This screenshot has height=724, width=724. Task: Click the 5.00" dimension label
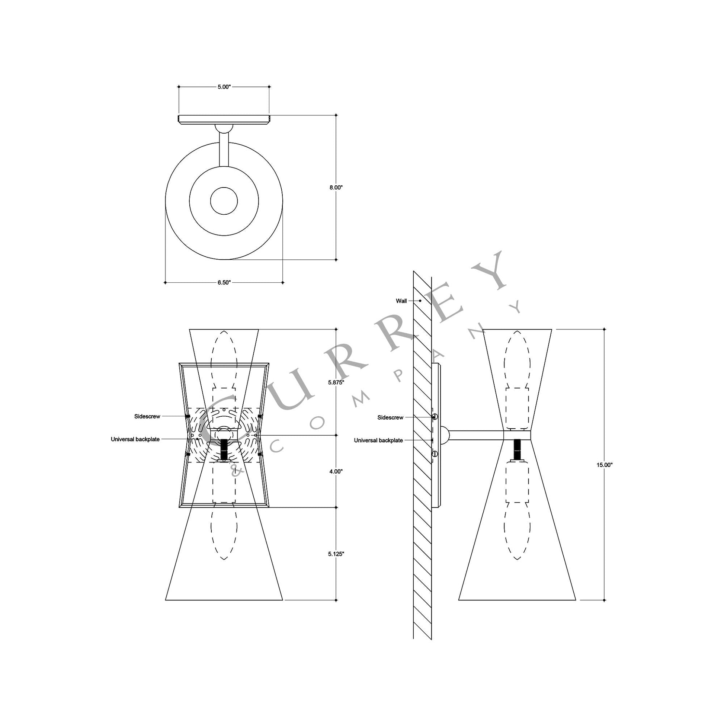click(224, 87)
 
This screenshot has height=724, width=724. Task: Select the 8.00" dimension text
click(336, 188)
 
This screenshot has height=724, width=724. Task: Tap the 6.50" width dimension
click(224, 282)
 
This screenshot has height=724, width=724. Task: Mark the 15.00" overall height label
click(604, 465)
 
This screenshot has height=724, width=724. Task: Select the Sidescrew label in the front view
click(147, 416)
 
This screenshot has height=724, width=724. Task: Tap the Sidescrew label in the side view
click(391, 417)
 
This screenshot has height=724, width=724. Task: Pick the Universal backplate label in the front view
click(135, 439)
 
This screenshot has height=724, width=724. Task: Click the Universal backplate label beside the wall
click(378, 441)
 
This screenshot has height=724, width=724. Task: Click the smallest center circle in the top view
click(224, 201)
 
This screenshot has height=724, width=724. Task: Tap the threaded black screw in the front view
click(224, 449)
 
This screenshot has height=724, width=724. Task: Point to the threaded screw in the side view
click(517, 449)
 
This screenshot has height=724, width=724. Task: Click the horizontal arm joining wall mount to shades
click(476, 435)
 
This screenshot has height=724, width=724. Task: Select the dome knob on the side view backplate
click(445, 435)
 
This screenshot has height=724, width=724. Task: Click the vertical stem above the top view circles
click(224, 150)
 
